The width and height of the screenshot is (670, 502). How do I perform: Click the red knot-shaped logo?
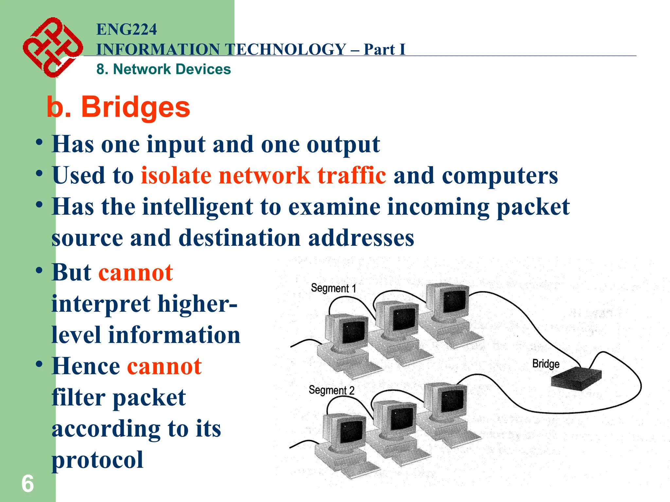point(52,47)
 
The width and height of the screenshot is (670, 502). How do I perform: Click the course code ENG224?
point(126,29)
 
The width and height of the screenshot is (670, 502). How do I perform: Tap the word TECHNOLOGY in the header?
point(286,50)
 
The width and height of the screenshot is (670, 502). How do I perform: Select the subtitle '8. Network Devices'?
point(164,69)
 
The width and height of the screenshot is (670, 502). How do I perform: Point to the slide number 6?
point(27,484)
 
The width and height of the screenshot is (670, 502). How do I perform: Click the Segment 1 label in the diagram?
point(333,288)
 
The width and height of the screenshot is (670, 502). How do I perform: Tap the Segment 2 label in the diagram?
point(331,390)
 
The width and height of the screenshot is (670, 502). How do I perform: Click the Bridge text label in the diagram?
point(546,363)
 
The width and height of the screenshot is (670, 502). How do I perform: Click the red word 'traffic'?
point(351,176)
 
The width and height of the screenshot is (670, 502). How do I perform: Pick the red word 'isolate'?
point(176,176)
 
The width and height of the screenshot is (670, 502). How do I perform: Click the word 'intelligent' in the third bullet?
point(198,207)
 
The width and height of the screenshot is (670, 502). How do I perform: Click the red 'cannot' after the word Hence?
point(164,366)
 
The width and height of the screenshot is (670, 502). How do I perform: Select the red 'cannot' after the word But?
point(135,273)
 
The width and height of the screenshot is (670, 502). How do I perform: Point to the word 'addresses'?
point(361,238)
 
